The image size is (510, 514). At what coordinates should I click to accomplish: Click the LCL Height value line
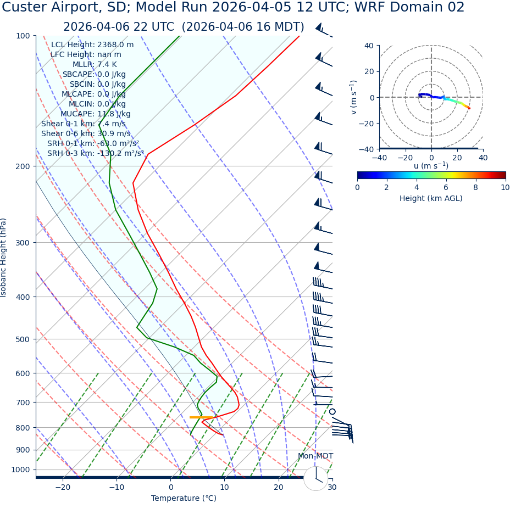click(x=92, y=44)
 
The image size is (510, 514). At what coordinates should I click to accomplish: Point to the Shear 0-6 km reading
click(x=86, y=133)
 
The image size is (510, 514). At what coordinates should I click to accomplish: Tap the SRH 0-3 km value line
click(x=96, y=153)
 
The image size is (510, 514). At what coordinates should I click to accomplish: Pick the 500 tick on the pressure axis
click(x=23, y=339)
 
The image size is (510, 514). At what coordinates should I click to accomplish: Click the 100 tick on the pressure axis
click(x=23, y=36)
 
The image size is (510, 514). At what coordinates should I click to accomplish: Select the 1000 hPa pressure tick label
click(x=20, y=470)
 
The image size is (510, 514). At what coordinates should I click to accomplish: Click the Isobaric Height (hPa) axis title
click(x=4, y=258)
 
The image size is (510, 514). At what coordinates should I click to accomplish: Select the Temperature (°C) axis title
click(x=184, y=499)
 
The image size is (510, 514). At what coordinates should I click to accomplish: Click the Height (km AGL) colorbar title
click(x=431, y=198)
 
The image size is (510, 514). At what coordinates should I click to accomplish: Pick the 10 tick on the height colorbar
click(x=505, y=187)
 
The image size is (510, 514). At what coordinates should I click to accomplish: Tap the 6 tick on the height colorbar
click(x=446, y=187)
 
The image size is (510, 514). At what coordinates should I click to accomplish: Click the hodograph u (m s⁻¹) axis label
click(x=431, y=166)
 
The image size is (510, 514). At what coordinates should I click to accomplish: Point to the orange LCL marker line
click(x=201, y=417)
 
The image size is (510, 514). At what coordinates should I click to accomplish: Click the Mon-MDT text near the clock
click(x=315, y=456)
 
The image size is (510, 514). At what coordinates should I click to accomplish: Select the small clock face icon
click(x=316, y=478)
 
